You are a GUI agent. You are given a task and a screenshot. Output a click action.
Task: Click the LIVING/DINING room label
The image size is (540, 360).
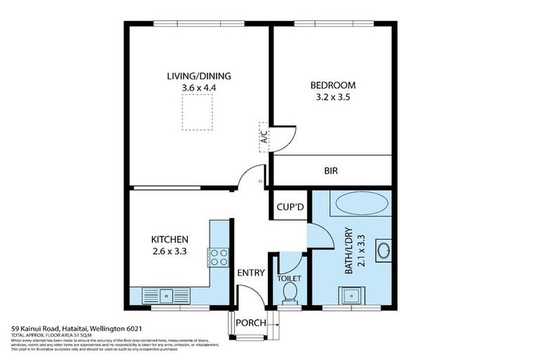pos(199,76)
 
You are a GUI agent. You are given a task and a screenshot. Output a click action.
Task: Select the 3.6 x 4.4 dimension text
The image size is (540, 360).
pos(199,87)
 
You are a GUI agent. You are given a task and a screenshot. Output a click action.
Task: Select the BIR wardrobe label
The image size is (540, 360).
pos(331,171)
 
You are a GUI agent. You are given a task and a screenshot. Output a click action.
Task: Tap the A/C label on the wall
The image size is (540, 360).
pos(264,136)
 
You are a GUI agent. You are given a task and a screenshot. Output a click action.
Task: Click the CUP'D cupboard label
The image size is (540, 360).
pos(289,206)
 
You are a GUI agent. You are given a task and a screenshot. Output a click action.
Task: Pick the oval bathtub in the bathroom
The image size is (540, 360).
pos(361,205)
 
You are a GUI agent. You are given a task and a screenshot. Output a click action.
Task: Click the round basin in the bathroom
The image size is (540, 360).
pos(383,249)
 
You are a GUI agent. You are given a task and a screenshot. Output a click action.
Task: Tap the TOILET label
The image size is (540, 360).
pos(289,278)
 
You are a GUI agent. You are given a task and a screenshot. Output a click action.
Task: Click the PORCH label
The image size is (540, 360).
pos(251,323)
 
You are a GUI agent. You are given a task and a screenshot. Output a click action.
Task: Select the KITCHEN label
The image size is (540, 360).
pos(169,239)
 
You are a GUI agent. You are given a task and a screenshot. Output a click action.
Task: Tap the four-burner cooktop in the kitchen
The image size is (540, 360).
pos(218,257)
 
